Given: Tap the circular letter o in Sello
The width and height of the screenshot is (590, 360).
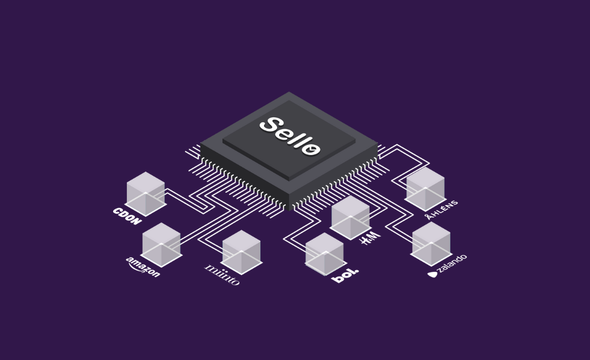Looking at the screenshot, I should [311, 148].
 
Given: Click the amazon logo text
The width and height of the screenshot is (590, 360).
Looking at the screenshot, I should [143, 267].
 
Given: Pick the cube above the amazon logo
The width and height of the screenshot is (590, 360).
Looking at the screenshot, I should [162, 244].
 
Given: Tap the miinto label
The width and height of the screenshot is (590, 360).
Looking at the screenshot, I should [222, 274].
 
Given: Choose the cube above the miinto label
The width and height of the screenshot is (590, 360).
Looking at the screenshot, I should [242, 252].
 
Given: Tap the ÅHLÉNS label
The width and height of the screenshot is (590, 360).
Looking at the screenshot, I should [442, 209].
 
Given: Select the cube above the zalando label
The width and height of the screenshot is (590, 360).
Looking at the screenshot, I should [431, 243].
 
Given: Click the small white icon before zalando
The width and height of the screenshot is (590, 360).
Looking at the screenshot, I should [433, 274].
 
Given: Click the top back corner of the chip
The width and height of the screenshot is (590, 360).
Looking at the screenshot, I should [289, 93].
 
